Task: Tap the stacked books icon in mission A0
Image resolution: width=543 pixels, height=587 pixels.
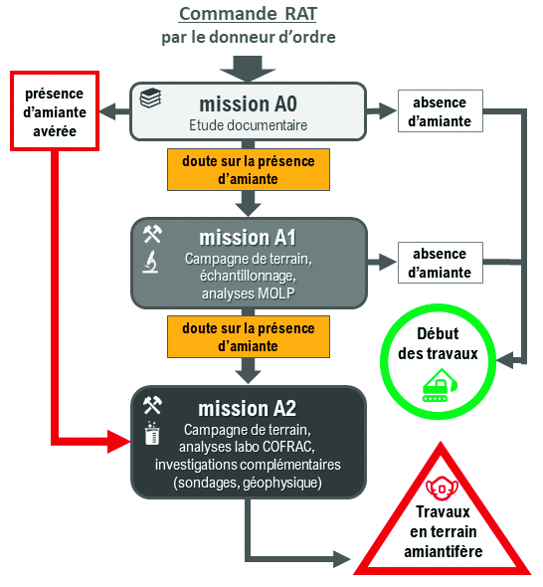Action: pyautogui.click(x=151, y=99)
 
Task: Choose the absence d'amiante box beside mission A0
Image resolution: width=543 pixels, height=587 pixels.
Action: pyautogui.click(x=440, y=110)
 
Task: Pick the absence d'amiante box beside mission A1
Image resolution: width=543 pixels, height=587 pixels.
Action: pyautogui.click(x=440, y=263)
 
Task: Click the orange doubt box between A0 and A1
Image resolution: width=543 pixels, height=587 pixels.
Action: pyautogui.click(x=249, y=169)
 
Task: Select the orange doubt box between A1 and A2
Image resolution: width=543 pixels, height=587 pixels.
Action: pyautogui.click(x=249, y=337)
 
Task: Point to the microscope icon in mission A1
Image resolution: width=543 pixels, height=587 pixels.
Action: pyautogui.click(x=152, y=265)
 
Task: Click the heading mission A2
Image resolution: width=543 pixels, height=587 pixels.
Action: pyautogui.click(x=247, y=407)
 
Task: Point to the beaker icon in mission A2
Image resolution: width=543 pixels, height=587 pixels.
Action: pyautogui.click(x=152, y=433)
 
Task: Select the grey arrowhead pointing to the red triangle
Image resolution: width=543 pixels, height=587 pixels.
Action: pyautogui.click(x=342, y=556)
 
